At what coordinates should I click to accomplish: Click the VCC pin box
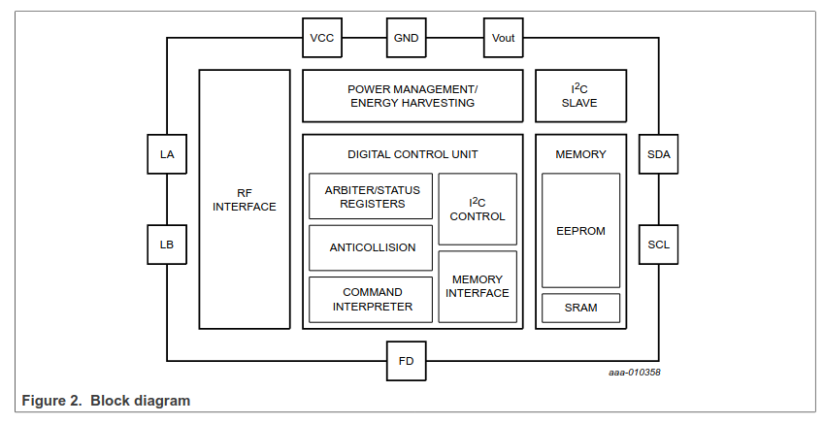(321, 38)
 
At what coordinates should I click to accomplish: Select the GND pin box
(406, 38)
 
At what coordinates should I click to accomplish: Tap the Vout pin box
(504, 38)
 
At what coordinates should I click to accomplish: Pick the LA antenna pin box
(167, 153)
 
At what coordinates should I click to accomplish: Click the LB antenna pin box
(167, 245)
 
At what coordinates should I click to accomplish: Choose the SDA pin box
(659, 153)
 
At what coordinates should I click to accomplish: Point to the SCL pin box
(659, 245)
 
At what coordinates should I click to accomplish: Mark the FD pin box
(406, 361)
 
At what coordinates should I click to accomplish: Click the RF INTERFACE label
(245, 199)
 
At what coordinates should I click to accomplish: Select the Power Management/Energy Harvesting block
(412, 95)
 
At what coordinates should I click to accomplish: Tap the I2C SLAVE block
(580, 95)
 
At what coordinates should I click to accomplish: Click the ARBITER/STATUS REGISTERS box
(371, 197)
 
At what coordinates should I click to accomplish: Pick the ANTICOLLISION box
(371, 247)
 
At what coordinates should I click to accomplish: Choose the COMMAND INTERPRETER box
(371, 299)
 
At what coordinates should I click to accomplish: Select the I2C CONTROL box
(477, 210)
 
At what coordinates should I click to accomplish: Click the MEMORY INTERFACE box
(477, 286)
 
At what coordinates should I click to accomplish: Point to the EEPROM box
(580, 231)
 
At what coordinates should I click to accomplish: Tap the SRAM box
(580, 308)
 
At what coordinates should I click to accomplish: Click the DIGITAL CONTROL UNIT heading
(412, 154)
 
